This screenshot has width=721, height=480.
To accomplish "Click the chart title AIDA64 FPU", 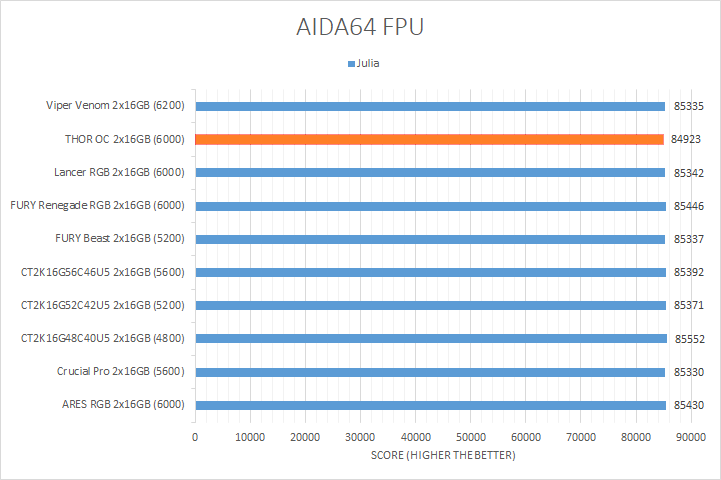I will tap(360, 27).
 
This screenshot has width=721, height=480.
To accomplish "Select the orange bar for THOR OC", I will tap(429, 139).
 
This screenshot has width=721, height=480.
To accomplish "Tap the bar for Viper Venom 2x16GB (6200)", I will tap(430, 106).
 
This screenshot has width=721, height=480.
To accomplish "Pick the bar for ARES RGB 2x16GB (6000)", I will tap(430, 405).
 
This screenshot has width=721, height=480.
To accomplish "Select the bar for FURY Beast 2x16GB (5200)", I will tap(430, 239).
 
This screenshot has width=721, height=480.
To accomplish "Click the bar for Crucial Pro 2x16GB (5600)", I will tap(430, 372).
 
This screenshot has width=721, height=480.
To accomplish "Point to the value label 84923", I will tap(686, 139).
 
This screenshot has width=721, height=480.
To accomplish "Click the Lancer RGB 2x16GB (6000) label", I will tap(120, 172).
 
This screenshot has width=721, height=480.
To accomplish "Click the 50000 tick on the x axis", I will tap(470, 437).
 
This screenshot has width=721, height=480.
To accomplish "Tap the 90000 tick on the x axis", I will tap(690, 437).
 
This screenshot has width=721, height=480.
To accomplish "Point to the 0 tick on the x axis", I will tap(195, 437).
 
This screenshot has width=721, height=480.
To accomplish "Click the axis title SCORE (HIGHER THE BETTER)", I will tap(442, 456).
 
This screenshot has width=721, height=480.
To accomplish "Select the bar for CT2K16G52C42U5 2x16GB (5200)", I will tap(430, 305).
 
